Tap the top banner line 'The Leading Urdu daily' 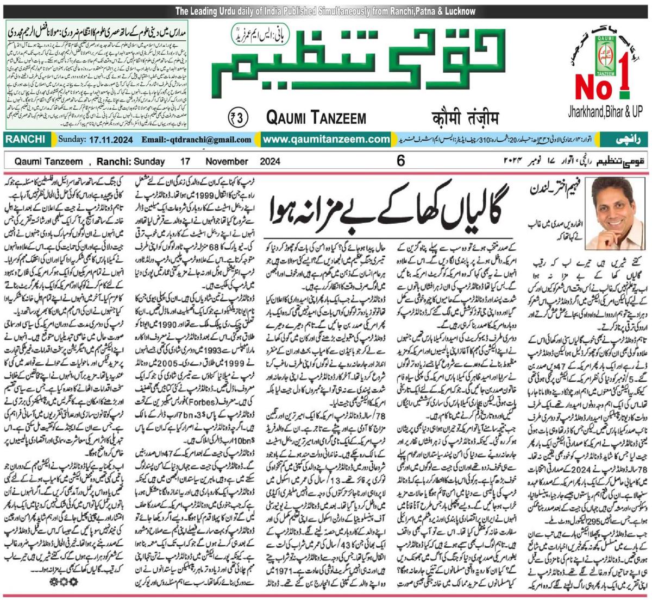coord(325,11)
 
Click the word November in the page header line coord(226,161)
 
